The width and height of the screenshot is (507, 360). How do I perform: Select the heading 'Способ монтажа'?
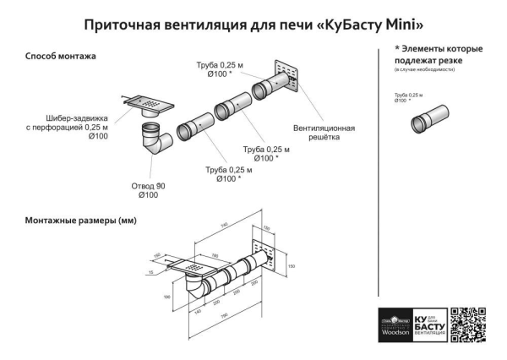point(60,56)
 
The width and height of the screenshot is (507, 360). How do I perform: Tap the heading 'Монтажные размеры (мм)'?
point(80,221)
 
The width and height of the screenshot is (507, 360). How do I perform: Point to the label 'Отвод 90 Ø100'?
point(148,190)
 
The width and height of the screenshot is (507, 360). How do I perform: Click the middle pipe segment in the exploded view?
point(230,111)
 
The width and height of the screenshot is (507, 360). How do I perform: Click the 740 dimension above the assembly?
point(224,225)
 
